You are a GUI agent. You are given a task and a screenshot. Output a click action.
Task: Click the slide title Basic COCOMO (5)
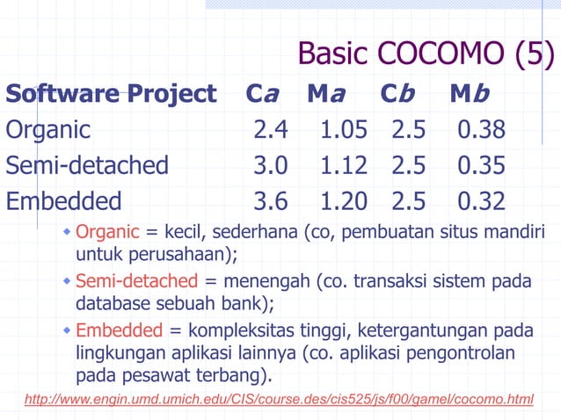(426, 54)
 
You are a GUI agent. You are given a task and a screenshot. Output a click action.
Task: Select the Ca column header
(262, 93)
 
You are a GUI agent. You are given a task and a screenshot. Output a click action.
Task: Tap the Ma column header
(326, 93)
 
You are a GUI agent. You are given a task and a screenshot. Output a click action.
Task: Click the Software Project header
(111, 93)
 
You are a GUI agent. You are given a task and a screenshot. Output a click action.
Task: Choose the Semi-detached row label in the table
(87, 165)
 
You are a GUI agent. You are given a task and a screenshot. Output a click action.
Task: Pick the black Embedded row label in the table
(64, 201)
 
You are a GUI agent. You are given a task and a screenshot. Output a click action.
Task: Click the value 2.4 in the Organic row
(270, 130)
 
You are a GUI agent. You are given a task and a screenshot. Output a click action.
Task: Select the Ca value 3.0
(270, 165)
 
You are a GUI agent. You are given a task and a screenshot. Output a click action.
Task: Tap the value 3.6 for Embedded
(270, 201)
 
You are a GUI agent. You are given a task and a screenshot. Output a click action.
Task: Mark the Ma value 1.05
(344, 130)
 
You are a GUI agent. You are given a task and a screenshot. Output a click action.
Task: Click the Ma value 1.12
(344, 165)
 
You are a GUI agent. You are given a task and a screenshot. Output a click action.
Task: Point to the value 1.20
(344, 201)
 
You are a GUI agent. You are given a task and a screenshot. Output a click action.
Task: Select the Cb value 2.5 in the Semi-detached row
(409, 165)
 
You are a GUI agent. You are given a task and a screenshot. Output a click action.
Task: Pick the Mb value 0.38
(481, 130)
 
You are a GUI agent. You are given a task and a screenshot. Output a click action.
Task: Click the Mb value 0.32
(481, 201)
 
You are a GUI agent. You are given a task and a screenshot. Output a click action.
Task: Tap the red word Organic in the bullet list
(107, 233)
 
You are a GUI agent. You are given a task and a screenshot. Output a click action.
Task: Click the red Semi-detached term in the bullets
(137, 282)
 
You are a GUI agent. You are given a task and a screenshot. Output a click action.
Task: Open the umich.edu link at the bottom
(280, 400)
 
